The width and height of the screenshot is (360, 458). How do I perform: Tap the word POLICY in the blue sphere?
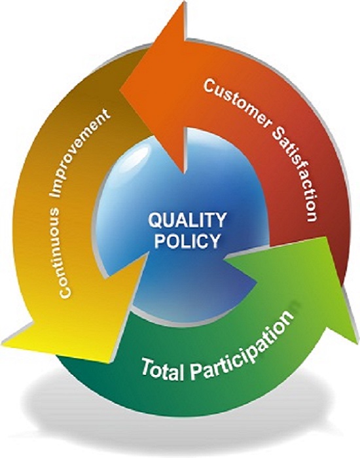pyautogui.click(x=187, y=241)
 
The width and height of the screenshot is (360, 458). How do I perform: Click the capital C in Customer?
pyautogui.click(x=210, y=86)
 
